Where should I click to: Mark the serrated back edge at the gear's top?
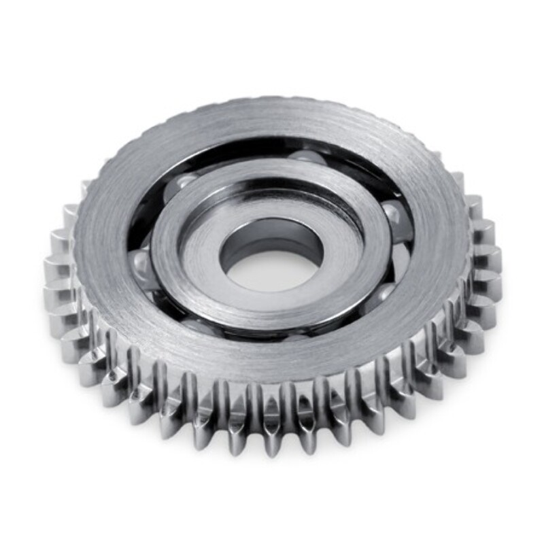(x=272, y=102)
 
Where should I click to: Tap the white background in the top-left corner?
(x=27, y=27)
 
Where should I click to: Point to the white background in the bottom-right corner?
(x=517, y=517)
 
